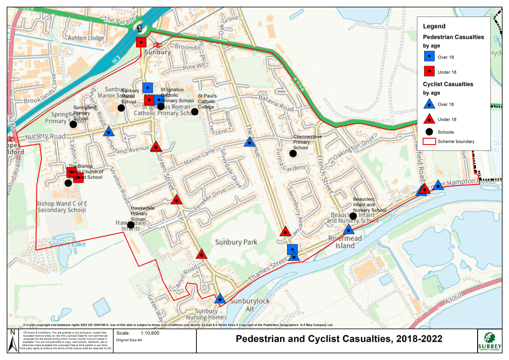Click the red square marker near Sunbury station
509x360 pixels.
(141, 42)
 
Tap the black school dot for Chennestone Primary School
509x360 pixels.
(293, 153)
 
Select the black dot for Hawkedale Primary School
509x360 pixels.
(131, 225)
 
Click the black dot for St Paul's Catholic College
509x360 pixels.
(195, 112)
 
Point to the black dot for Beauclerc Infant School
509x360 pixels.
(353, 216)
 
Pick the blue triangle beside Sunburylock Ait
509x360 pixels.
(220, 299)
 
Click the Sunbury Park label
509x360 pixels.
(236, 243)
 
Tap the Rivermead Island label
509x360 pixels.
(345, 242)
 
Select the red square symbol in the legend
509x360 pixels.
(429, 72)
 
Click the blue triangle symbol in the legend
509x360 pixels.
(429, 103)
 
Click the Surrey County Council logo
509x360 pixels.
(492, 340)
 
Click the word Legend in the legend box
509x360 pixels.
(434, 26)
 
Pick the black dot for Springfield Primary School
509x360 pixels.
(73, 124)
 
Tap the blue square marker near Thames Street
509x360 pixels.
(292, 249)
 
